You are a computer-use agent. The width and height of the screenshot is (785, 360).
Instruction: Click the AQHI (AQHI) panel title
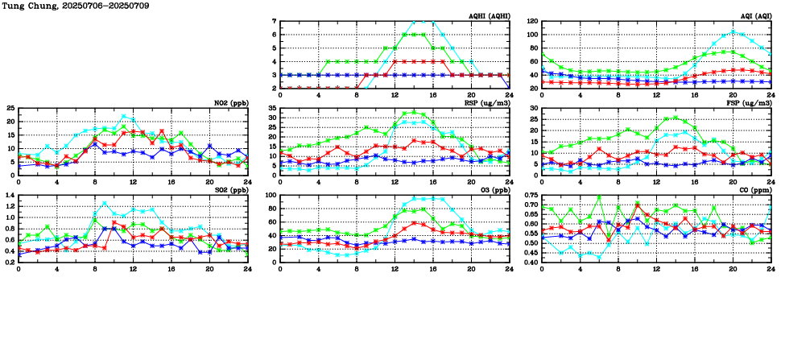click(x=489, y=14)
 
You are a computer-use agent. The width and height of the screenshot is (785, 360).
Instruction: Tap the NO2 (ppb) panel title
click(x=230, y=102)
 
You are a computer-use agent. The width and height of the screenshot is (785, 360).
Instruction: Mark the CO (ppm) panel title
click(x=753, y=190)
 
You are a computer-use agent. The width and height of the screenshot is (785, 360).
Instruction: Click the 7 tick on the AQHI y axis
click(x=274, y=22)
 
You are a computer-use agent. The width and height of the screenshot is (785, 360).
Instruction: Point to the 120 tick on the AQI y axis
click(x=531, y=22)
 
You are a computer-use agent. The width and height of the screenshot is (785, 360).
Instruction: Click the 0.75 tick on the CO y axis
click(x=530, y=196)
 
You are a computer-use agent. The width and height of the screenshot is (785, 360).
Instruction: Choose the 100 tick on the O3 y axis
click(x=271, y=196)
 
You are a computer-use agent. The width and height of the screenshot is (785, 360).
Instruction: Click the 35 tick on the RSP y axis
click(x=272, y=109)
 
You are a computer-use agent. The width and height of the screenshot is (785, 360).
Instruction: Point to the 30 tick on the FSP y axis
click(x=534, y=109)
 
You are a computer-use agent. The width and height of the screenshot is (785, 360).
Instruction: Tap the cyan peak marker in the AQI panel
click(x=733, y=31)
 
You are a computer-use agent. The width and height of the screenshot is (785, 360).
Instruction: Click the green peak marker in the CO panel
click(x=599, y=197)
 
